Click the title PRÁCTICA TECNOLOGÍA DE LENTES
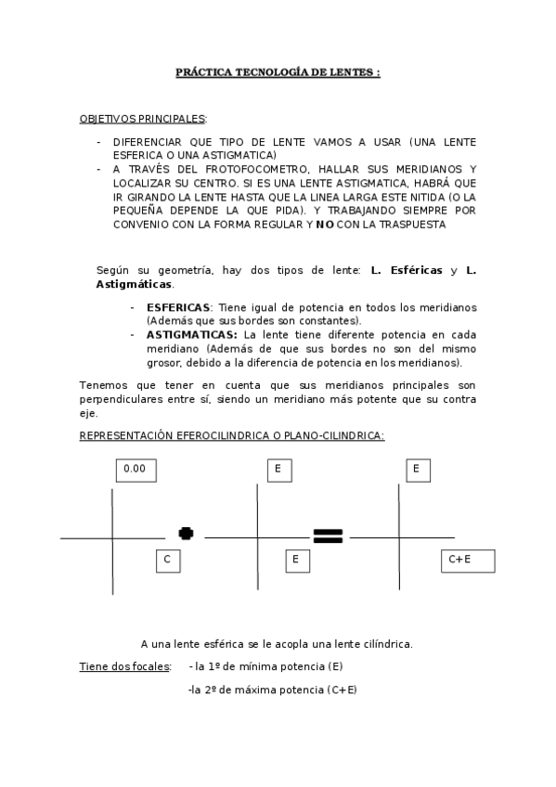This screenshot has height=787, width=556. pos(278,71)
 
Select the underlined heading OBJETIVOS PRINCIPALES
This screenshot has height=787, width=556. pos(143,120)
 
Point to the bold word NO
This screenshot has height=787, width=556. pos(324,225)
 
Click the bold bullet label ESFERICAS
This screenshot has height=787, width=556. pos(179,307)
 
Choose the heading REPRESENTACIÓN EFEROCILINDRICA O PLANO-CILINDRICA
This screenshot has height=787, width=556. pos(231,435)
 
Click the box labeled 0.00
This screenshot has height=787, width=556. pos(136,470)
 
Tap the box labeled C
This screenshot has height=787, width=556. pos(167,560)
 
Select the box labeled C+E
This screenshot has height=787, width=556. pos(467,560)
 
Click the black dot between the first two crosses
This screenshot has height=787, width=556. pos(186,533)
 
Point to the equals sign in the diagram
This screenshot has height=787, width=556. pos(328,535)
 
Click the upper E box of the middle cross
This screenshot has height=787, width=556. pos(278,471)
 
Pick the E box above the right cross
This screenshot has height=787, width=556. pos(417,470)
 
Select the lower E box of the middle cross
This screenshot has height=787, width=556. pos(295,560)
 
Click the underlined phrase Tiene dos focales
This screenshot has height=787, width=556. pos(124,666)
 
